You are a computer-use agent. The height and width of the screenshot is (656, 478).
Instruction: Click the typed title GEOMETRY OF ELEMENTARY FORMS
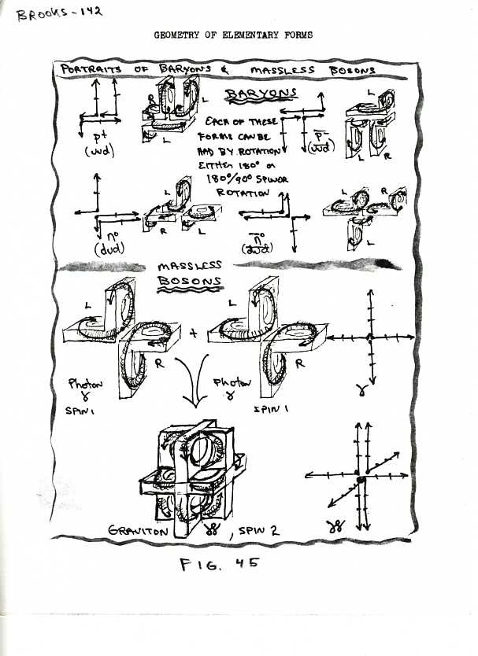(x=233, y=35)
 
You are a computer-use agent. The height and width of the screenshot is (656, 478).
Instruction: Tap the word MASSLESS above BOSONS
(x=190, y=266)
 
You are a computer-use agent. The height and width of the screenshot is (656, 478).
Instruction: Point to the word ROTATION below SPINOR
(x=243, y=191)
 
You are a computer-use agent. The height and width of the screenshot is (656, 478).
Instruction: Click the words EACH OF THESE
(x=243, y=123)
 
